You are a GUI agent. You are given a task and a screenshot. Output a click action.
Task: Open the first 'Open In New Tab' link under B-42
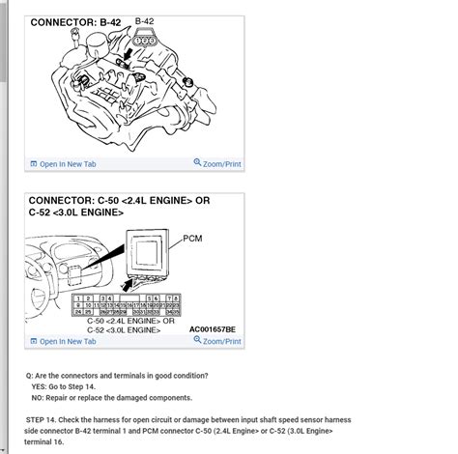click(x=64, y=164)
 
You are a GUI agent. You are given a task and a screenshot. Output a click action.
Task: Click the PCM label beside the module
click(x=192, y=235)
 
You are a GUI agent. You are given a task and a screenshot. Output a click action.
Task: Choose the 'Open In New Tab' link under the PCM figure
click(x=64, y=341)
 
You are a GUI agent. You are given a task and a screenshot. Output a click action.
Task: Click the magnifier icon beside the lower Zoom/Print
click(x=198, y=341)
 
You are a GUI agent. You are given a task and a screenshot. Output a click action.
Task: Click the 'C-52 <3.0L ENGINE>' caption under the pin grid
click(x=105, y=328)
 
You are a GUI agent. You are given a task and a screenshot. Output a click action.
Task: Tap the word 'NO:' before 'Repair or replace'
click(x=41, y=396)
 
